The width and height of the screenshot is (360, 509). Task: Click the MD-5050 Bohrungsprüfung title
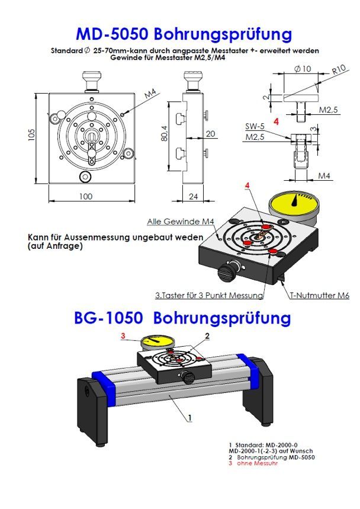coord(184,33)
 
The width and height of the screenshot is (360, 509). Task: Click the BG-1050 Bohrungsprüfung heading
coord(182,318)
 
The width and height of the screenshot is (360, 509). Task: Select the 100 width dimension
coord(85,196)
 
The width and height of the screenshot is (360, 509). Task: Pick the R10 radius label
coord(339,69)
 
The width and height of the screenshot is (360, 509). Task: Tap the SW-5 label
coord(255,127)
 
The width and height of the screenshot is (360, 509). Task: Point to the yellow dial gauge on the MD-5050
coord(294,204)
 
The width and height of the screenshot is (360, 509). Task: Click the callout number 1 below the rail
coord(189,417)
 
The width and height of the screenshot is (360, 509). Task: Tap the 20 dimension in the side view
coord(212,134)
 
